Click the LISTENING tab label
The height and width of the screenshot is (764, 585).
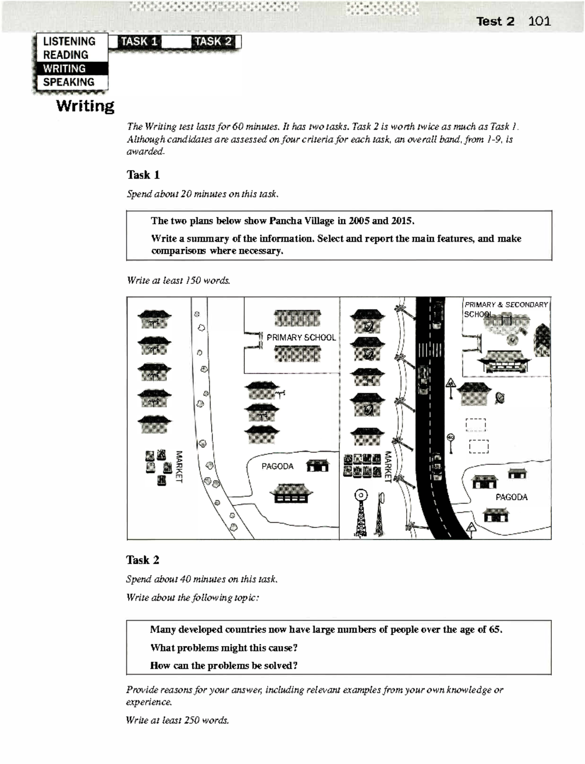[69, 41]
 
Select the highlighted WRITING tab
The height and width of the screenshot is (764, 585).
[64, 69]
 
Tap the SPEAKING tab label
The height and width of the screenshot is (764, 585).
[68, 82]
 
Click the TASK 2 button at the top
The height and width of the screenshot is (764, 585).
[213, 41]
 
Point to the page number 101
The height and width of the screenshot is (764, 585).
[539, 21]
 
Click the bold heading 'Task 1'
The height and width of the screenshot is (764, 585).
[143, 175]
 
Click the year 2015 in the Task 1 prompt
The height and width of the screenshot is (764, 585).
[402, 221]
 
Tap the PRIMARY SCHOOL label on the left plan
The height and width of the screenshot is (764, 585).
[301, 337]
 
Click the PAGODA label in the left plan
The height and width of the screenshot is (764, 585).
[277, 467]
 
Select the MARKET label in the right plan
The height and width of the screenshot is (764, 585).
[388, 466]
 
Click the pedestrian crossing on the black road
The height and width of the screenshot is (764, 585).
[430, 350]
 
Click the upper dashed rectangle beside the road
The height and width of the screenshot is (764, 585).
[475, 425]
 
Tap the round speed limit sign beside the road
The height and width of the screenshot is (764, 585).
[451, 438]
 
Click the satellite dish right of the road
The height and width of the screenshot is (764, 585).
[500, 398]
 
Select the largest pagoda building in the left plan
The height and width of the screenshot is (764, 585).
[291, 493]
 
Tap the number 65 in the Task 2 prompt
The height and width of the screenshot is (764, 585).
[495, 629]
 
